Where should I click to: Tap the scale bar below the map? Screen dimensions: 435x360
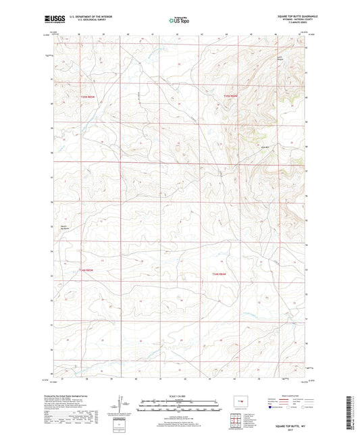click(x=179, y=407)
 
